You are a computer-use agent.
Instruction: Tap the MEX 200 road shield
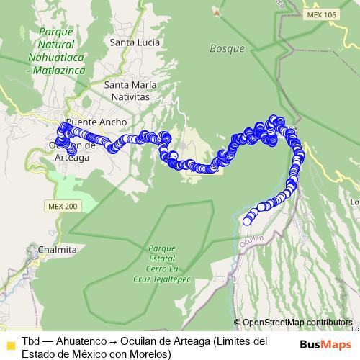point(62,206)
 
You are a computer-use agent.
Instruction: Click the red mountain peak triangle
point(216,12)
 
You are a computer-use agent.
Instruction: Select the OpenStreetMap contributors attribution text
point(297,322)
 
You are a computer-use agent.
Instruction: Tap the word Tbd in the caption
point(31,341)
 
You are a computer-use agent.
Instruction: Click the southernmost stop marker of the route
point(247,220)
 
